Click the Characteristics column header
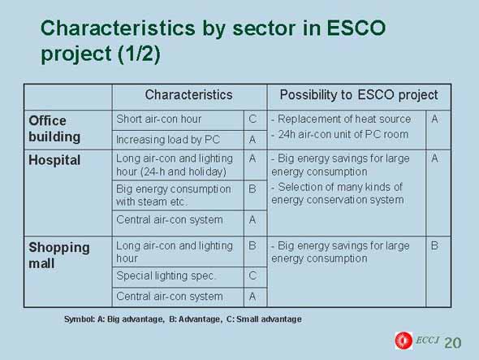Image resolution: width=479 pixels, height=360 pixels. coord(188,95)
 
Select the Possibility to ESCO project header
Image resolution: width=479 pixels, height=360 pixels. coord(359,95)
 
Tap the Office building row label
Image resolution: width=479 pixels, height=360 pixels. coord(54,128)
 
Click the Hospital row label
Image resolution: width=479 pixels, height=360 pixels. coord(54,160)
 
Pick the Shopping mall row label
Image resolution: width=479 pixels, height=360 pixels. coord(59,255)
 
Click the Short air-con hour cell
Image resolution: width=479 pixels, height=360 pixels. coord(158,119)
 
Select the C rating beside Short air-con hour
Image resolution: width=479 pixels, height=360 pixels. coord(252,119)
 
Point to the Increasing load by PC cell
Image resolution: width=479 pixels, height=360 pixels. coord(168,140)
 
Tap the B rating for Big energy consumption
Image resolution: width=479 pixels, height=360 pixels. coord(252,189)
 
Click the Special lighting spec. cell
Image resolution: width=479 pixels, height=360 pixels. coord(166,275)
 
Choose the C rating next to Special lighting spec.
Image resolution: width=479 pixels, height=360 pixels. coord(252,275)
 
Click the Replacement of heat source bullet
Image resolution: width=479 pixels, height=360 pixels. coord(341,119)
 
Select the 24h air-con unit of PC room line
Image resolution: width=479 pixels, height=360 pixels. coord(339,134)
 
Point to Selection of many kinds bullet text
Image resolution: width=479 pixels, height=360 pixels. coord(337,193)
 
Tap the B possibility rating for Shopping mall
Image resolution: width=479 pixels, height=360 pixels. coord(434,245)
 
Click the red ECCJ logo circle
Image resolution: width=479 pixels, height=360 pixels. coord(403,340)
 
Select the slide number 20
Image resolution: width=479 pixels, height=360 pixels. coord(453,343)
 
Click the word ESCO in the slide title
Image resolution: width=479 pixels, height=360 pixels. coord(356,28)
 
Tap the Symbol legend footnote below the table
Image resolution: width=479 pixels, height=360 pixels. coord(183,319)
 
